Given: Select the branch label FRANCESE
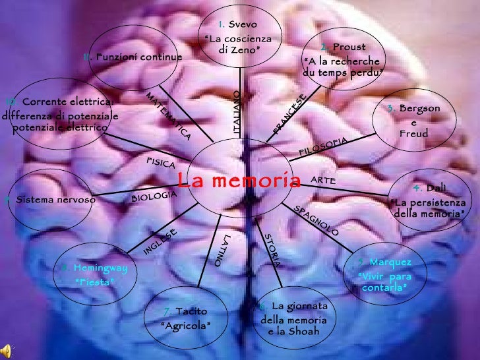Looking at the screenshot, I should click(289, 115).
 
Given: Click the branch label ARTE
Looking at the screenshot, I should click(323, 180).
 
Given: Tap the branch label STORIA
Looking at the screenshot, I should click(272, 250).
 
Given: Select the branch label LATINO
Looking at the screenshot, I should click(222, 249).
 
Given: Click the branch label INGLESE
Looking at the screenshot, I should click(160, 241).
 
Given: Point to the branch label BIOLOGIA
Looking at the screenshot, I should click(154, 196).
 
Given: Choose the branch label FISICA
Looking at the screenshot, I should click(160, 163).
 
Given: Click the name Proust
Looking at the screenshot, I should click(345, 47).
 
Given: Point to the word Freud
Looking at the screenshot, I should click(413, 134).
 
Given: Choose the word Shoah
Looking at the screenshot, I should click(302, 331).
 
